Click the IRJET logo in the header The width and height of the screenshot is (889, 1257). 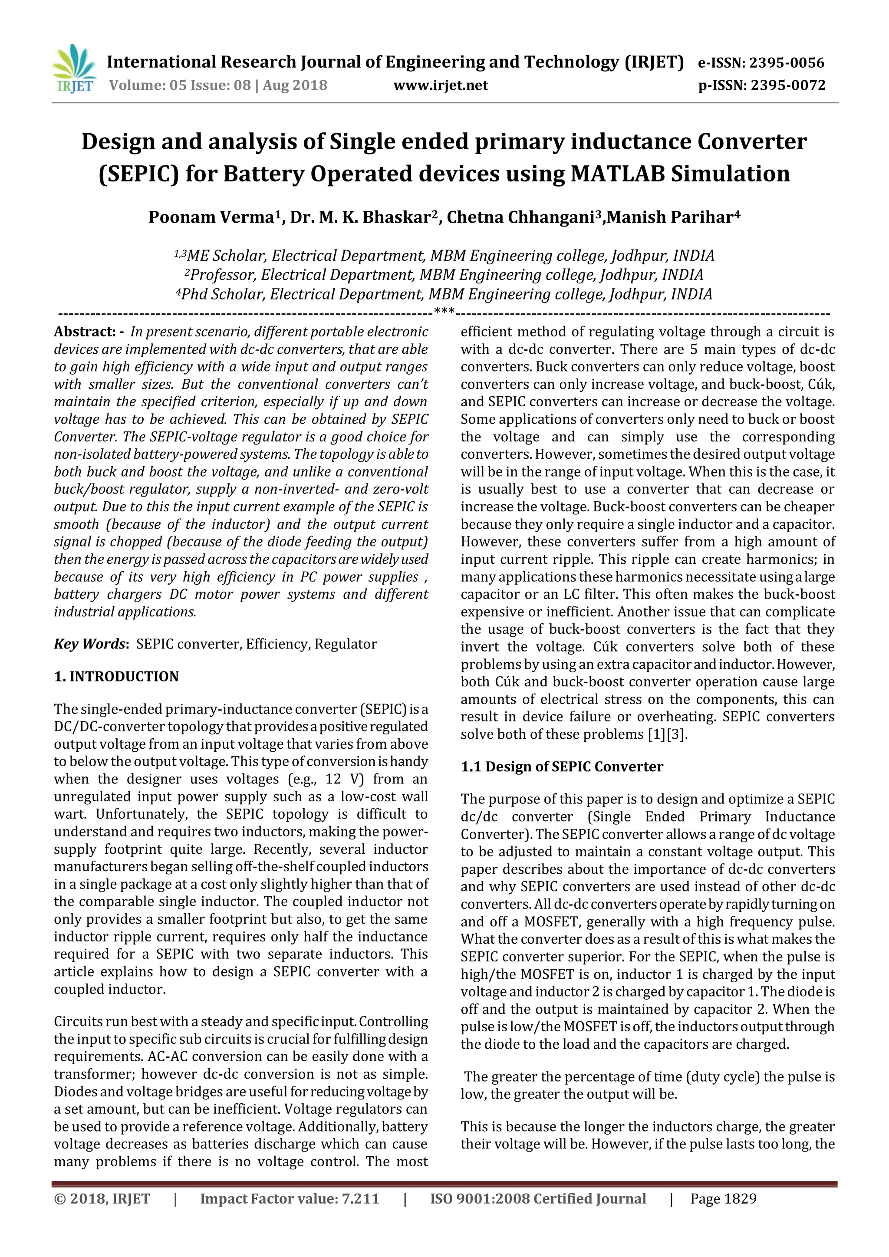73,69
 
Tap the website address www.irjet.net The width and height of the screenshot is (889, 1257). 440,86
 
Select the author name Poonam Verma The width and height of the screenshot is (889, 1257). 211,217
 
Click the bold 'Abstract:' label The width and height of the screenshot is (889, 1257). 84,332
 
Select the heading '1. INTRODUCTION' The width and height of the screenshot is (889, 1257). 116,677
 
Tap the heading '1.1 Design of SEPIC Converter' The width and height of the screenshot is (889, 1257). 562,767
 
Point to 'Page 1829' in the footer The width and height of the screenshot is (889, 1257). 723,1199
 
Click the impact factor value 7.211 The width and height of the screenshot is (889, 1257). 360,1199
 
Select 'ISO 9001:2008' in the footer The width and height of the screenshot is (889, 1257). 480,1199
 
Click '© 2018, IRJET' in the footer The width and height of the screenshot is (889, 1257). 102,1199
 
